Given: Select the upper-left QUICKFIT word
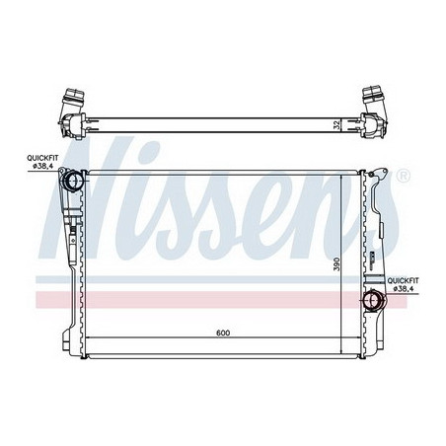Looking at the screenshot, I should [x=42, y=156].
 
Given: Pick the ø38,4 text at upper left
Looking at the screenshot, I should [x=43, y=165].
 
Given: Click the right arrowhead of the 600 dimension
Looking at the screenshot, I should [x=358, y=339].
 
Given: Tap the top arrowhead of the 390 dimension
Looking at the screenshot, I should [x=341, y=175].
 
